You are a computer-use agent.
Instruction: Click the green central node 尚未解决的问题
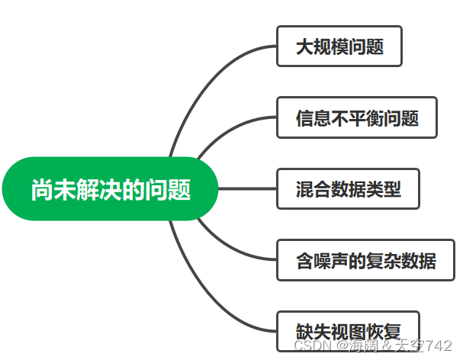coord(111,189)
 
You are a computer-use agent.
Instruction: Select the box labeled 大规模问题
coord(339,47)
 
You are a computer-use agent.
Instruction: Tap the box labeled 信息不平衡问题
coord(356,117)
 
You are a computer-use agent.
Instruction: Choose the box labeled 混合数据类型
coord(348,188)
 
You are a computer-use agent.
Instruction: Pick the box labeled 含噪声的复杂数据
coord(365,260)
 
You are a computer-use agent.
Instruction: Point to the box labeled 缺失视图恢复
coord(348,331)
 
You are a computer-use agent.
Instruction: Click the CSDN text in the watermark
coord(309,346)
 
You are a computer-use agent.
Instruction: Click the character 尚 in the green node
coord(40,189)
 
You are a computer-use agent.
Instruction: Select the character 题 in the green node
coord(181,189)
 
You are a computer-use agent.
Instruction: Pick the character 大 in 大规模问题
coord(304,47)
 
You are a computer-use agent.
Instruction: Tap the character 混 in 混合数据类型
coord(304,189)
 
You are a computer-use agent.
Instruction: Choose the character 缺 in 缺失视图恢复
coord(304,332)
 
